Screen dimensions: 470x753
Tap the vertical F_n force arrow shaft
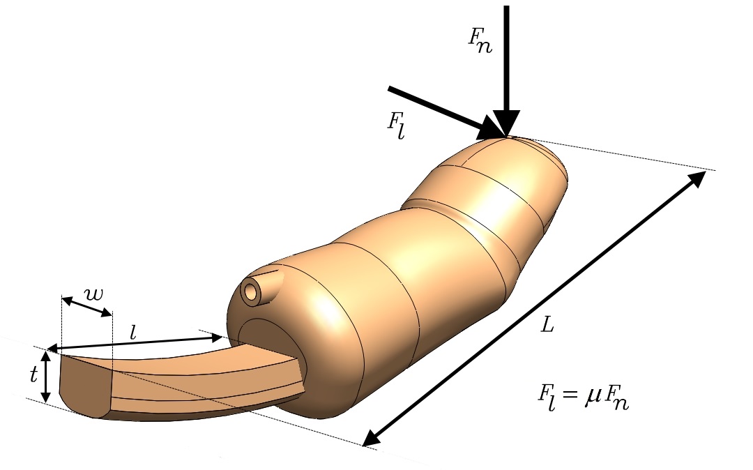pyautogui.click(x=507, y=56)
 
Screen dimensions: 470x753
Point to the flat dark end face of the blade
pyautogui.click(x=84, y=386)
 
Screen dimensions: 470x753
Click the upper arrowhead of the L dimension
pyautogui.click(x=699, y=180)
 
